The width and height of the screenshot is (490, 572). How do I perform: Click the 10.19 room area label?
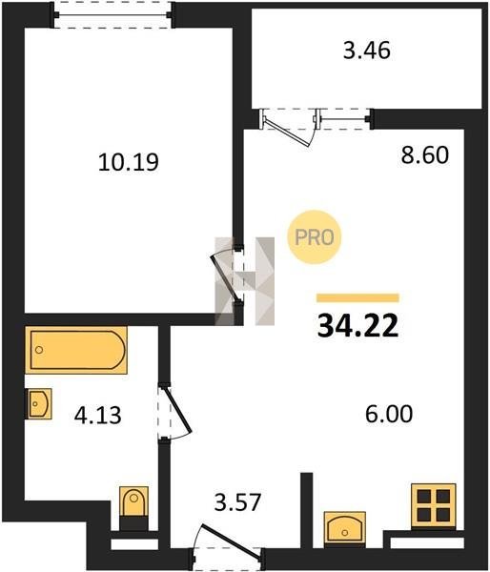129,162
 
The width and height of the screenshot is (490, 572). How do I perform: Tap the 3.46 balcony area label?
367,51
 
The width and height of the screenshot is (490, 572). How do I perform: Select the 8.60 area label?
424,155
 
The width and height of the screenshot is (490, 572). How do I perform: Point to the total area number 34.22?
357,326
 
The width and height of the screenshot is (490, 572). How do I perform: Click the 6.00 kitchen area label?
389,414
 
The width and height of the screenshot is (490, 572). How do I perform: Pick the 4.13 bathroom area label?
97,416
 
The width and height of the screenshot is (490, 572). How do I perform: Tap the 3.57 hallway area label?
237,502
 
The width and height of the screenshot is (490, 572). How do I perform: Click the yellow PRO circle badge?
315,237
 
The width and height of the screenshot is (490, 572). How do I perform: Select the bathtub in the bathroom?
76,350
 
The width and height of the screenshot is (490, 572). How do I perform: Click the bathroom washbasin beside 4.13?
38,403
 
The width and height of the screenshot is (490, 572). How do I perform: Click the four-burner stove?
434,506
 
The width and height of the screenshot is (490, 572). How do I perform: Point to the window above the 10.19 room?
113,14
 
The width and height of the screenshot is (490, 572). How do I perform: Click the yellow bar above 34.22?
357,297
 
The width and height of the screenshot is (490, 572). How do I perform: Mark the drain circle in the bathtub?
39,350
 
